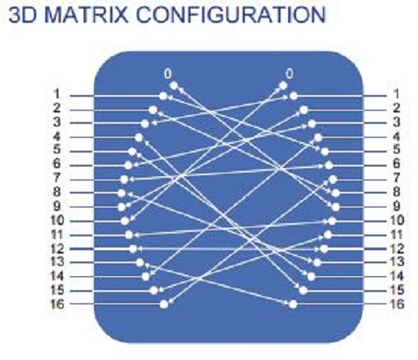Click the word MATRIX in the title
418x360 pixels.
coord(86,15)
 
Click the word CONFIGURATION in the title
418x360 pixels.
coord(231,15)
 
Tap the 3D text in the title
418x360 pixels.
coord(24,15)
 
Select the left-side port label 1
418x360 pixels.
coord(57,94)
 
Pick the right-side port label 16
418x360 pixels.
coord(396,304)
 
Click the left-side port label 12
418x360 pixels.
coord(57,248)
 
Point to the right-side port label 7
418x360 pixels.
coord(396,178)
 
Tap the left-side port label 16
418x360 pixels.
coord(57,304)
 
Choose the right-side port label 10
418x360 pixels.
coord(396,221)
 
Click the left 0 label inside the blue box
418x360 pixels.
coord(167,74)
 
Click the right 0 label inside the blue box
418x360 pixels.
coord(289,74)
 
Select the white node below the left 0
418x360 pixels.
coord(173,85)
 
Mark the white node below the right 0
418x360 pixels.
coord(283,85)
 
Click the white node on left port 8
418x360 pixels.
coord(122,193)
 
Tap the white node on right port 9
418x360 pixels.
coord(335,207)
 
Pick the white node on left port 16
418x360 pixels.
coord(164,304)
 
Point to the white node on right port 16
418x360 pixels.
coord(293,304)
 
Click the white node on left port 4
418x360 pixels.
coord(139,138)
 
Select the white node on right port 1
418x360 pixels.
coord(293,96)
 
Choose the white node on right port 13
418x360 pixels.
coord(317,262)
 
